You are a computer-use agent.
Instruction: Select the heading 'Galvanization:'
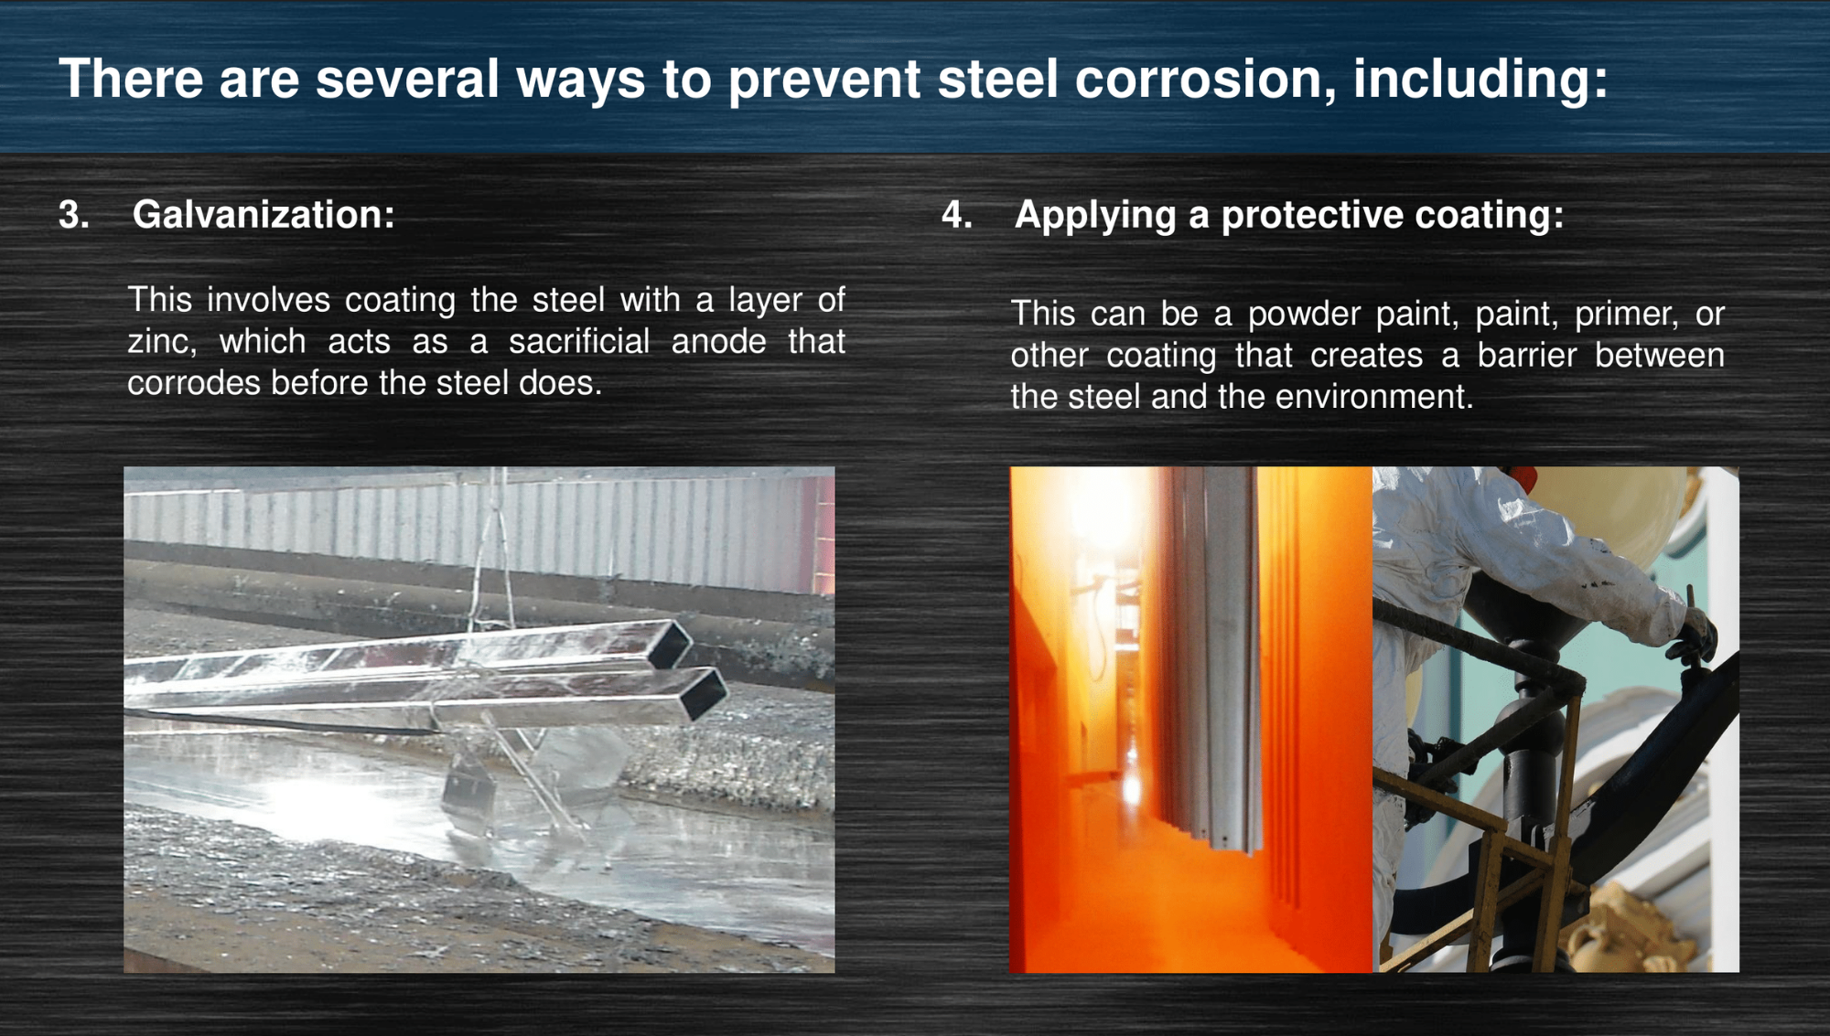[264, 215]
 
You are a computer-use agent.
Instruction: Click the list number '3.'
[74, 215]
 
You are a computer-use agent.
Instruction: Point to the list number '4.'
[957, 215]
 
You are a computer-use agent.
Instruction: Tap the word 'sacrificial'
[579, 341]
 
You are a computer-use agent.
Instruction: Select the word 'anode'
[719, 341]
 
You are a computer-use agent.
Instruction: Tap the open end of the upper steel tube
[670, 645]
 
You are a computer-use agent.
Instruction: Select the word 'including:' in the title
[1480, 80]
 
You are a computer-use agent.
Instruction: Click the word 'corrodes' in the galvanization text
[194, 383]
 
